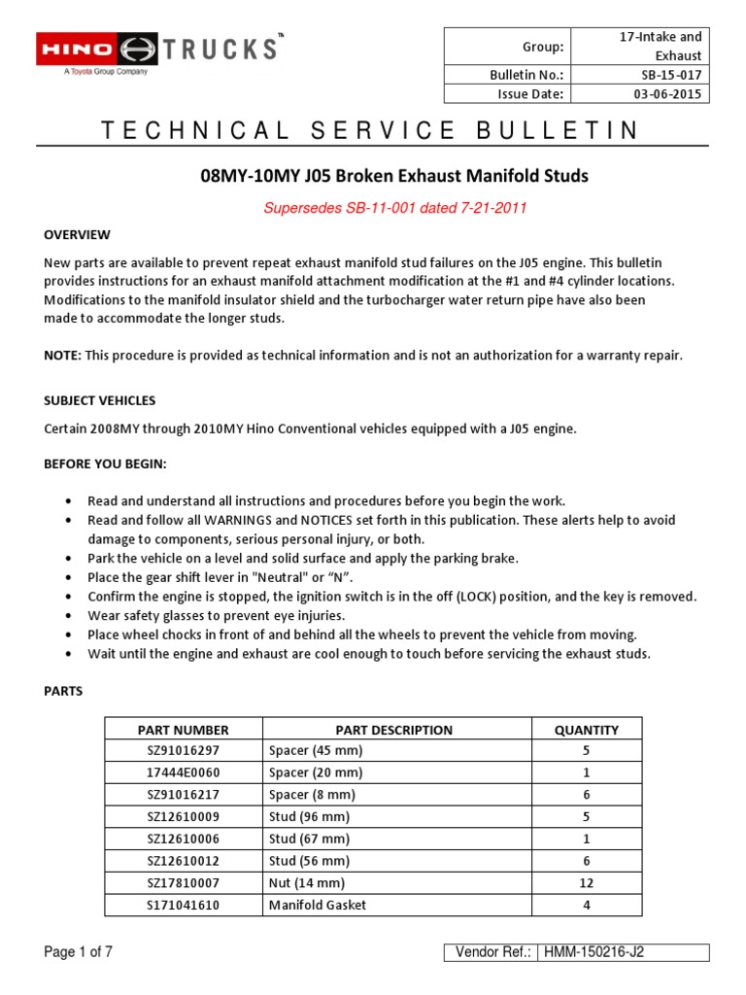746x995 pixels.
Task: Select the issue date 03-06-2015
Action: click(x=665, y=93)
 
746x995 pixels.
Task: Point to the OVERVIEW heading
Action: click(x=78, y=235)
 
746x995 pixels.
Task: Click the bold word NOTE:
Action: click(x=63, y=356)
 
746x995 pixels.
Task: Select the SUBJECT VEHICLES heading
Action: click(x=100, y=400)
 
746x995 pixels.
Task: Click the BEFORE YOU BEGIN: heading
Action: click(x=105, y=464)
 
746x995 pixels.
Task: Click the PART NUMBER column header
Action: click(x=183, y=730)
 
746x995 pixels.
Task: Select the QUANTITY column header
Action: click(x=586, y=730)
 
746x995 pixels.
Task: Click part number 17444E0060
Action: click(x=183, y=772)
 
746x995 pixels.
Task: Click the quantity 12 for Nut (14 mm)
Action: click(x=586, y=882)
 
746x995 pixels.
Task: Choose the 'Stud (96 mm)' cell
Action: click(x=308, y=816)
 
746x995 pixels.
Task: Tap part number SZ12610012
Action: click(x=183, y=861)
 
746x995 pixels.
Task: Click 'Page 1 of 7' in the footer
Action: click(x=79, y=952)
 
